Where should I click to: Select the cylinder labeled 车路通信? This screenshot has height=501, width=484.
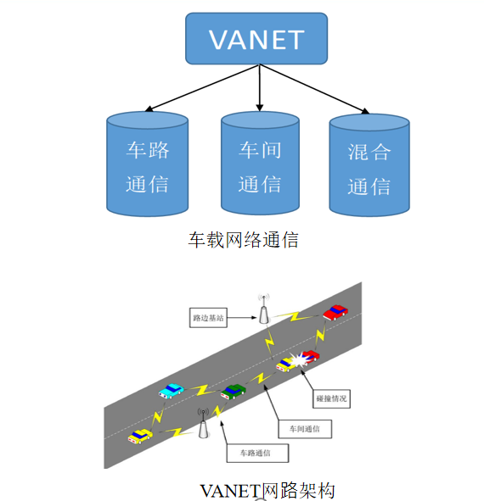(147, 165)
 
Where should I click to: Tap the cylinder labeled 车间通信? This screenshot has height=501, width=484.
(260, 165)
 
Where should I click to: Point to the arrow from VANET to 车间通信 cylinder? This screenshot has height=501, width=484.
(260, 88)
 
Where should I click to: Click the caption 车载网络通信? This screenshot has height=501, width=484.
(243, 240)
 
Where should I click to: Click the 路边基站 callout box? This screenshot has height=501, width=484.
(208, 318)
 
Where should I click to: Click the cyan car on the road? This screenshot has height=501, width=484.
(171, 390)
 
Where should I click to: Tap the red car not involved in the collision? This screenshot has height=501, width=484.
(335, 312)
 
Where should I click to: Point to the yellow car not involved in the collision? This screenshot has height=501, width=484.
(140, 436)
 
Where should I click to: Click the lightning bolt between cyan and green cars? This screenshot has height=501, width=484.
(201, 391)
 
